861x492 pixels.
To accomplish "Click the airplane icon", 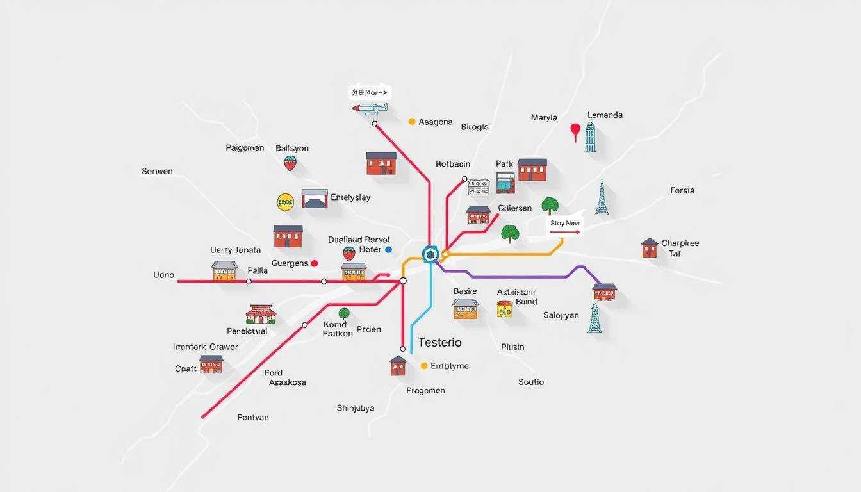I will pyautogui.click(x=370, y=109).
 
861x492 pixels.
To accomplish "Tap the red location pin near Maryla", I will pyautogui.click(x=575, y=131).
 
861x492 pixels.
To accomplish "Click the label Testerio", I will pyautogui.click(x=439, y=342).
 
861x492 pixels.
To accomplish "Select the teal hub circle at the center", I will pyautogui.click(x=430, y=254).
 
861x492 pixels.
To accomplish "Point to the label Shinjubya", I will pyautogui.click(x=356, y=408).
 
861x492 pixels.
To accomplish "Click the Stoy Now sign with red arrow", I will pyautogui.click(x=565, y=226).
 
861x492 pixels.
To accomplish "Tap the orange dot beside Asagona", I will pyautogui.click(x=412, y=121).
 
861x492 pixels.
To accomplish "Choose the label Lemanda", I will pyautogui.click(x=605, y=115).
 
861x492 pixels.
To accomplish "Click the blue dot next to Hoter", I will pyautogui.click(x=388, y=249).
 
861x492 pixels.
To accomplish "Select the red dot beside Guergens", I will pyautogui.click(x=314, y=263).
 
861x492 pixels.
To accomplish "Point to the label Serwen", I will pyautogui.click(x=157, y=172).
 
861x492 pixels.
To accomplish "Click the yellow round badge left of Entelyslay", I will pyautogui.click(x=285, y=202).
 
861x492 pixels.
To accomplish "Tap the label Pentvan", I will pyautogui.click(x=253, y=418).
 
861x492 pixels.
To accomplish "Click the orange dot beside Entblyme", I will pyautogui.click(x=423, y=366).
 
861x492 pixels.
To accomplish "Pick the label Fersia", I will pyautogui.click(x=682, y=190).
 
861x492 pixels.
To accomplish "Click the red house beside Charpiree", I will pyautogui.click(x=650, y=248).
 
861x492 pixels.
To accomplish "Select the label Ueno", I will pyautogui.click(x=163, y=275).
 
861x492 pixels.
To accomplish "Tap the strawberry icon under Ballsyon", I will pyautogui.click(x=290, y=163).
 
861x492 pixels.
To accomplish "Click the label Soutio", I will pyautogui.click(x=531, y=382).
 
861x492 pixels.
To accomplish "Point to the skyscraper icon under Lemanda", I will pyautogui.click(x=590, y=138).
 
